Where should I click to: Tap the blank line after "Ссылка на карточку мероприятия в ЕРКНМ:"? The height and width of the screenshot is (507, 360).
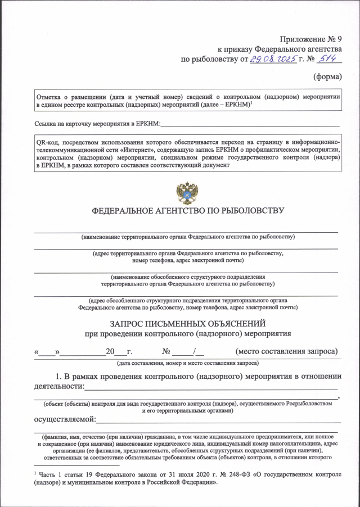coord(250,123)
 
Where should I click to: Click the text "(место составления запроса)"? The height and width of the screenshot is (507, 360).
coord(287,352)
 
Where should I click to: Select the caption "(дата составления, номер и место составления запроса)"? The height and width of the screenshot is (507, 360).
coord(188,364)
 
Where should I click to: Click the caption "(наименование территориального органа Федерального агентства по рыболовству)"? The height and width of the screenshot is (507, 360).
coord(188,237)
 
